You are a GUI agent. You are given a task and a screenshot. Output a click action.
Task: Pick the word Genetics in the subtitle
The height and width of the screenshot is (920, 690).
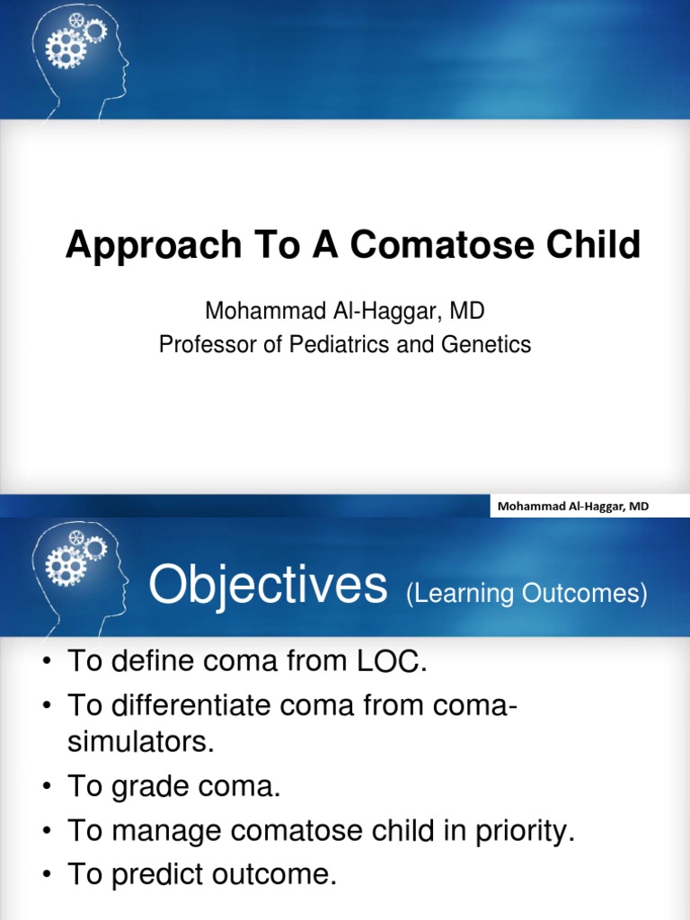coord(485,344)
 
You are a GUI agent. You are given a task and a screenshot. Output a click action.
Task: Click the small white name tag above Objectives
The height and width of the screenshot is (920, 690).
coord(571,507)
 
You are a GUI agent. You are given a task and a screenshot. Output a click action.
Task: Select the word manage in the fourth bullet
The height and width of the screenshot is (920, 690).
coord(165,832)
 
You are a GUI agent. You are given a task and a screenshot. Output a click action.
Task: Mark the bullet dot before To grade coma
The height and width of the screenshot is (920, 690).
coord(47,789)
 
